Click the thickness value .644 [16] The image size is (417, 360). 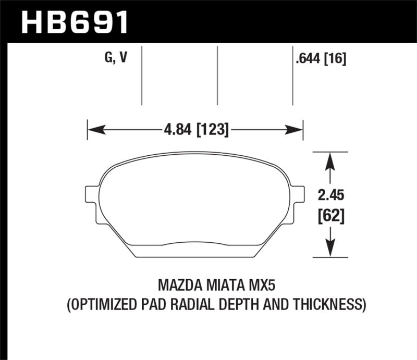click(x=321, y=59)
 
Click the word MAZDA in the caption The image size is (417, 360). click(x=180, y=286)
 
